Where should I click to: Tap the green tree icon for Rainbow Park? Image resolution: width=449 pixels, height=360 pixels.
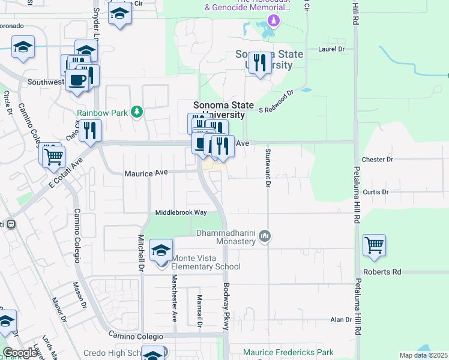(x=137, y=112)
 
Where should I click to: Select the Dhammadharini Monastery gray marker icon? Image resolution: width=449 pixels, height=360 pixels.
(x=264, y=238)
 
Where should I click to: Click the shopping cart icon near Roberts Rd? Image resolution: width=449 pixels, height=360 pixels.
(x=374, y=246)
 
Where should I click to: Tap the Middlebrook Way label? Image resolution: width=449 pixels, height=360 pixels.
(x=181, y=212)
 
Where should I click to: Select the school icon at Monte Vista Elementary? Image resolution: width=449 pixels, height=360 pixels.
(x=161, y=251)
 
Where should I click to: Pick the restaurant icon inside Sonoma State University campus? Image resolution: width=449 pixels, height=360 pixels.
(x=259, y=63)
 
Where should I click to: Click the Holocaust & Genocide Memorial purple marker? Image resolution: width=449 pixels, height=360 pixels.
(x=274, y=21)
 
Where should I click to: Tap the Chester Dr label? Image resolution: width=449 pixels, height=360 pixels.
(x=378, y=160)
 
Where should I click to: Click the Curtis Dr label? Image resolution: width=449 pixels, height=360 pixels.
(x=376, y=191)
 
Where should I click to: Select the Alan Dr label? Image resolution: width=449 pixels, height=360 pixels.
(x=340, y=320)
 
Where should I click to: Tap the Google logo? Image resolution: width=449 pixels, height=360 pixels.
(x=20, y=352)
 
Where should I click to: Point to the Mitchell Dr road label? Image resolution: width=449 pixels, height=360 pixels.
(x=142, y=251)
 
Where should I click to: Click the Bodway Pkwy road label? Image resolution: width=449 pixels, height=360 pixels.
(x=226, y=307)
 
